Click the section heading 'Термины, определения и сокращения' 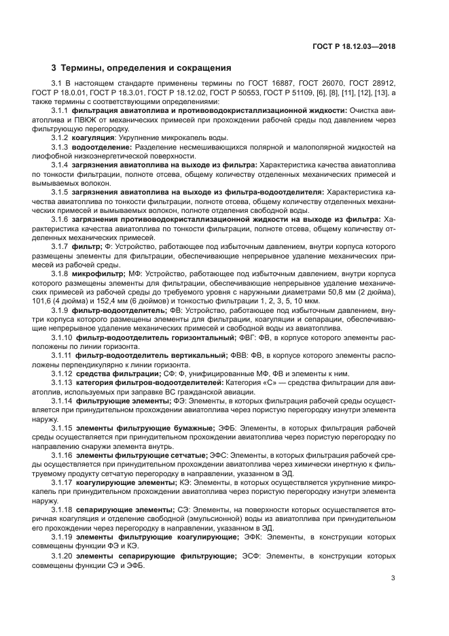click(x=145, y=68)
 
